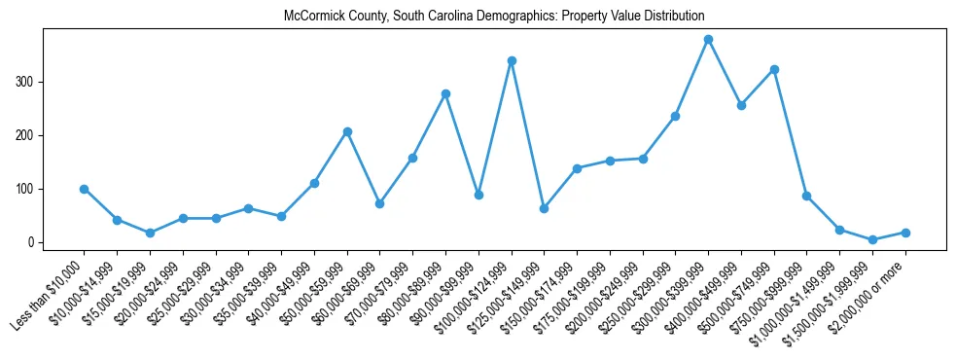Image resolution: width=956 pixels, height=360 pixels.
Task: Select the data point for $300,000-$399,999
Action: pyautogui.click(x=708, y=40)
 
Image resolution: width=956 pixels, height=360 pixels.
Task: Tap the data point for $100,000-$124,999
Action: pyautogui.click(x=512, y=61)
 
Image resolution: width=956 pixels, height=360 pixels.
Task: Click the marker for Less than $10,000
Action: pyautogui.click(x=85, y=189)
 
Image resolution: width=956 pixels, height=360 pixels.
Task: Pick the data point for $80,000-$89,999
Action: pyautogui.click(x=445, y=94)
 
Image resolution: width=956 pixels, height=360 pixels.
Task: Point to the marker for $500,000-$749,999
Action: pyautogui.click(x=774, y=70)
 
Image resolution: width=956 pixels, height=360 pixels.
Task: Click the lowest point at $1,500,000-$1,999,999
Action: pyautogui.click(x=872, y=239)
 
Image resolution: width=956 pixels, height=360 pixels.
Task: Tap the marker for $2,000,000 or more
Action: pyautogui.click(x=905, y=233)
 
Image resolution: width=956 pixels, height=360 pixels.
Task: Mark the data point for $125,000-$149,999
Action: pyautogui.click(x=544, y=208)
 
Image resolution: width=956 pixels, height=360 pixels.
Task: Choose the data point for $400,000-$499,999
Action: pyautogui.click(x=741, y=105)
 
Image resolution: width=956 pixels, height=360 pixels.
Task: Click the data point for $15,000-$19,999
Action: pyautogui.click(x=150, y=234)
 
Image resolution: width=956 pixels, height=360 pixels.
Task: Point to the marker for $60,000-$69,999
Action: pyautogui.click(x=379, y=203)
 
